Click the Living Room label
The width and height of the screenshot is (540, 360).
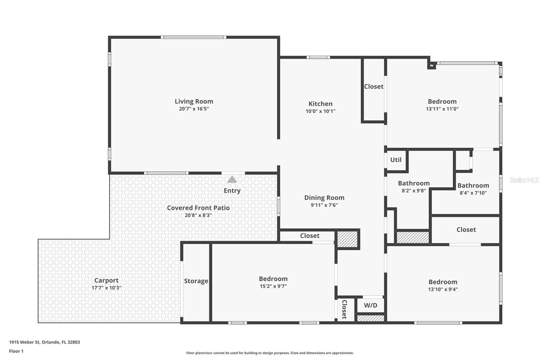click(194, 101)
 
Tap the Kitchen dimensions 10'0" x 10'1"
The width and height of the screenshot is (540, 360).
click(320, 111)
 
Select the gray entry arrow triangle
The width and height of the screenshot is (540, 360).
click(232, 180)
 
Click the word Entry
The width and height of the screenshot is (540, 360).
click(232, 190)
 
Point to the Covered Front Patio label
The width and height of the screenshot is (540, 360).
click(198, 208)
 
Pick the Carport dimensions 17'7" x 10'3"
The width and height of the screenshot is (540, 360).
click(106, 288)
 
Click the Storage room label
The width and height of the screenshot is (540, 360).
click(196, 281)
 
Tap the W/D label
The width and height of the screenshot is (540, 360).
click(371, 305)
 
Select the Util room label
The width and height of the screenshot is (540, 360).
click(396, 160)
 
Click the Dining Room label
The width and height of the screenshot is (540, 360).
click(324, 198)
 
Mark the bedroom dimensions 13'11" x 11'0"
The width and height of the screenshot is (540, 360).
click(442, 109)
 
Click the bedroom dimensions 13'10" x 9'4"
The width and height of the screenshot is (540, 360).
click(443, 289)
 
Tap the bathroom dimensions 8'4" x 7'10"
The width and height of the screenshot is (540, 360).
click(473, 193)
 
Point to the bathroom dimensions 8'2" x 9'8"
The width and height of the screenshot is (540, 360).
click(413, 190)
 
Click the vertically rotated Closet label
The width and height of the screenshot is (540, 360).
click(344, 309)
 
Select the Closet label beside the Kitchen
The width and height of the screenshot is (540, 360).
click(373, 86)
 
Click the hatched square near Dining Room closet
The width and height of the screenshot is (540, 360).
click(347, 238)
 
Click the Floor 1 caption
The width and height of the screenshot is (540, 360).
click(16, 351)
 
